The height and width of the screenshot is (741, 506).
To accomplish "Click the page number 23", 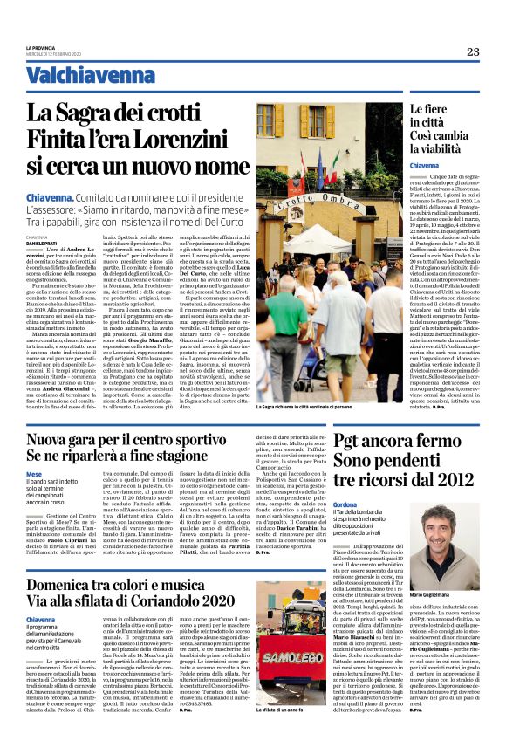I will [472, 51].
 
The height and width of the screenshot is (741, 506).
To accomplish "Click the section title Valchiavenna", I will [78, 76].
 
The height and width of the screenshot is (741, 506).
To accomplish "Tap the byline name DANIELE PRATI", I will [44, 243].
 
